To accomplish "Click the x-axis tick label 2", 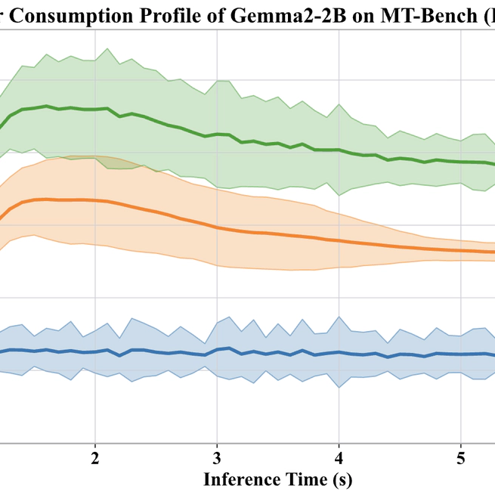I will pyautogui.click(x=94, y=459).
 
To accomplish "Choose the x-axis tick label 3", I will pyautogui.click(x=217, y=459).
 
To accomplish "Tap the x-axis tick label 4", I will pyautogui.click(x=339, y=459).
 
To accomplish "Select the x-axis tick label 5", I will pyautogui.click(x=462, y=459).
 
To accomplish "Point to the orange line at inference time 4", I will pyautogui.click(x=339, y=241).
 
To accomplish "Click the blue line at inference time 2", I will pyautogui.click(x=94, y=351).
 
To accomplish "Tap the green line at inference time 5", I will pyautogui.click(x=462, y=162).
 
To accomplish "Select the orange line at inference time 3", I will pyautogui.click(x=217, y=227).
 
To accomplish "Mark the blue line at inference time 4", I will pyautogui.click(x=339, y=352).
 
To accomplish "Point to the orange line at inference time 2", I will pyautogui.click(x=94, y=200).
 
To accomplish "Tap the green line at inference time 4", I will pyautogui.click(x=339, y=150).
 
